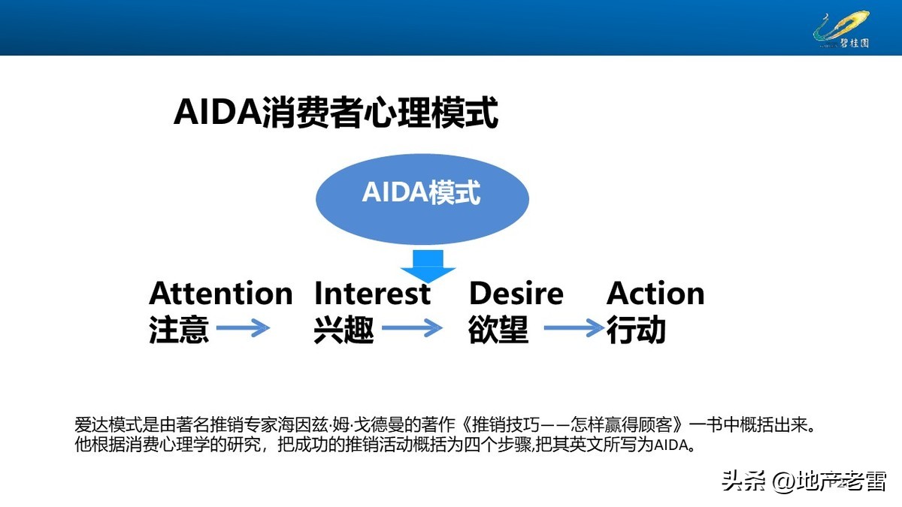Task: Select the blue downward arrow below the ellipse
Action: pos(428,263)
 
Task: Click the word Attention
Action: pos(220,293)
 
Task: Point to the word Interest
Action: pos(372,293)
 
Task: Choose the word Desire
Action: pos(516,293)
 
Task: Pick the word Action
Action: pos(655,293)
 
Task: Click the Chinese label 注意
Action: pos(179,330)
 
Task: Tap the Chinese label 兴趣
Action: pos(344,330)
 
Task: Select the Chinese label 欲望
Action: pos(498,330)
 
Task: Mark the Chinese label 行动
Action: pos(637,330)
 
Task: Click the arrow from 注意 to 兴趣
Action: pos(243,328)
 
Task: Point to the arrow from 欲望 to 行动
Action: pos(574,328)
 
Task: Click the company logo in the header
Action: pos(842,29)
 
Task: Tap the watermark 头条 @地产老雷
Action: pos(804,480)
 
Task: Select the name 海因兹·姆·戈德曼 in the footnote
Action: pos(343,424)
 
